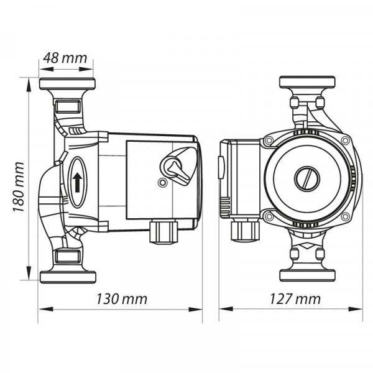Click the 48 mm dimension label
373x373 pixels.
click(x=65, y=58)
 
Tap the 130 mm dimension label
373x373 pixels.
click(x=122, y=299)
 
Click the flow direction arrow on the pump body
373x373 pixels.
click(x=77, y=182)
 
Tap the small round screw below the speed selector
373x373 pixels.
click(x=162, y=183)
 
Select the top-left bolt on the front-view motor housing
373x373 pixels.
click(x=269, y=140)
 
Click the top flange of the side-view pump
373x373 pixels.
click(x=67, y=84)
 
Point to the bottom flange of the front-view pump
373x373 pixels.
click(x=307, y=275)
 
